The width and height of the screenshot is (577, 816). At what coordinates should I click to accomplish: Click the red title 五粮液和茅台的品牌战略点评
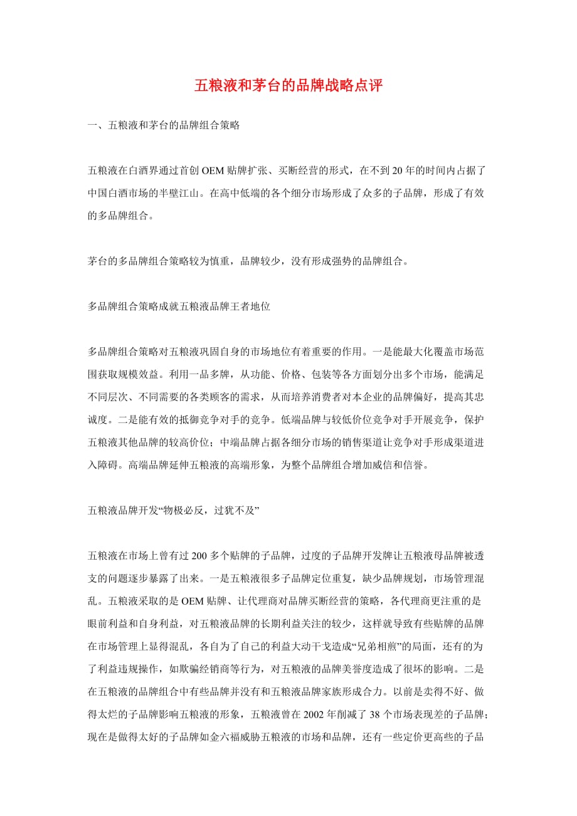(x=288, y=86)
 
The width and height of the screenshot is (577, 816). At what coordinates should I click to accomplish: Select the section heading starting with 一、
(x=164, y=125)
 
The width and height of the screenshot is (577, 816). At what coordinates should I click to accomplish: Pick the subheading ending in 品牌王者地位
(x=179, y=307)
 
